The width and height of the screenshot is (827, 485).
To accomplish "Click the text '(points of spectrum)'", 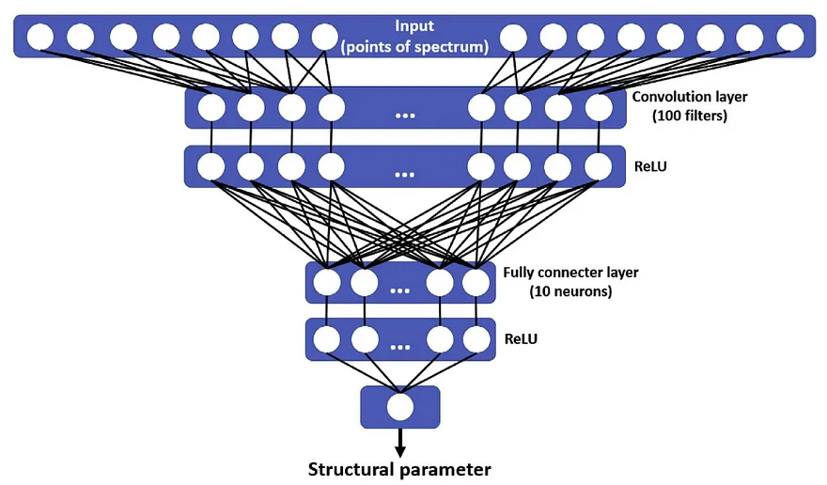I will [413, 45].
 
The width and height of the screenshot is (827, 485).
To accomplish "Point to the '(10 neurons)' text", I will [572, 291].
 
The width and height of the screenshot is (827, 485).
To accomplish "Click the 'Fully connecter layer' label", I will [570, 273].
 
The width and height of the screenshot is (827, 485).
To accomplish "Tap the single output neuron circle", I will [399, 407].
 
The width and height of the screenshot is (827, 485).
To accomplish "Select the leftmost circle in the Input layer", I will [40, 38].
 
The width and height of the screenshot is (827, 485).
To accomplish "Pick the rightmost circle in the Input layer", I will [789, 38].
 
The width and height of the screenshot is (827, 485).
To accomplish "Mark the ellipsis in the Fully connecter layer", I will [400, 289].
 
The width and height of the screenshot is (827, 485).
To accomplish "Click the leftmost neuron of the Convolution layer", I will [211, 108].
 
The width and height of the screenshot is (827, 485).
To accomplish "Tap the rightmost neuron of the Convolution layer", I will [599, 108].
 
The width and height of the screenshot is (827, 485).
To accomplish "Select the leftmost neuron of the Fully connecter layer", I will [327, 282].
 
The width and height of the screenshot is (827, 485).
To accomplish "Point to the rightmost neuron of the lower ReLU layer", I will [475, 339].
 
